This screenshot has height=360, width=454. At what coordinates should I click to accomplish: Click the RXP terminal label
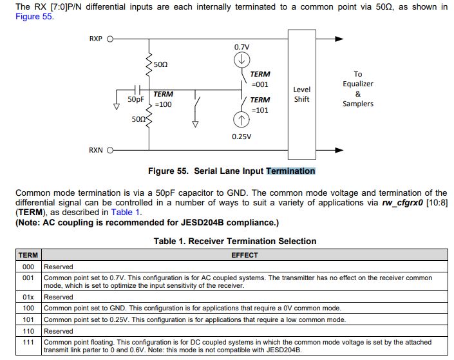96,39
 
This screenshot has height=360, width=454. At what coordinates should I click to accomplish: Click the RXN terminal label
96,150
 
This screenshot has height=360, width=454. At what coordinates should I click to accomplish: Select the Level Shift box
301,94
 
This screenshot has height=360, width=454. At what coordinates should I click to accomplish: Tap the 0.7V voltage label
241,47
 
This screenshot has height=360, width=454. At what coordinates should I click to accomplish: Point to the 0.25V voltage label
241,137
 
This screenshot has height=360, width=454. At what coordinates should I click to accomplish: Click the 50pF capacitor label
136,100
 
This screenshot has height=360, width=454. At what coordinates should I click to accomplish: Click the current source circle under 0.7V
241,59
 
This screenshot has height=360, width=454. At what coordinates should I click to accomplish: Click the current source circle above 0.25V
241,120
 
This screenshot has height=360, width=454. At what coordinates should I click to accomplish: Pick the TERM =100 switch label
163,99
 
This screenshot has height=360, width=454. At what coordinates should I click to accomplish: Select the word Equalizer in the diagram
358,84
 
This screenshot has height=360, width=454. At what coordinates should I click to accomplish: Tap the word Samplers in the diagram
358,104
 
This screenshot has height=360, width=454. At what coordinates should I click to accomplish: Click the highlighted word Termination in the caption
290,171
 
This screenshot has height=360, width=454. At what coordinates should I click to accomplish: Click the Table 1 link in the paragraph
126,212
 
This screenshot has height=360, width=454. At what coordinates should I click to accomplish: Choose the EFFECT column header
244,255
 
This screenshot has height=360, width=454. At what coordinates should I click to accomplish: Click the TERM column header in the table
28,255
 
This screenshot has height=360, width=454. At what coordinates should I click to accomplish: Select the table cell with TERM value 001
28,278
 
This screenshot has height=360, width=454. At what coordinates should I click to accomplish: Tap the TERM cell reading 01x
28,297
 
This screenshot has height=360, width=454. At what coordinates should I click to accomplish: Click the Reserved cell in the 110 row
59,331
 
